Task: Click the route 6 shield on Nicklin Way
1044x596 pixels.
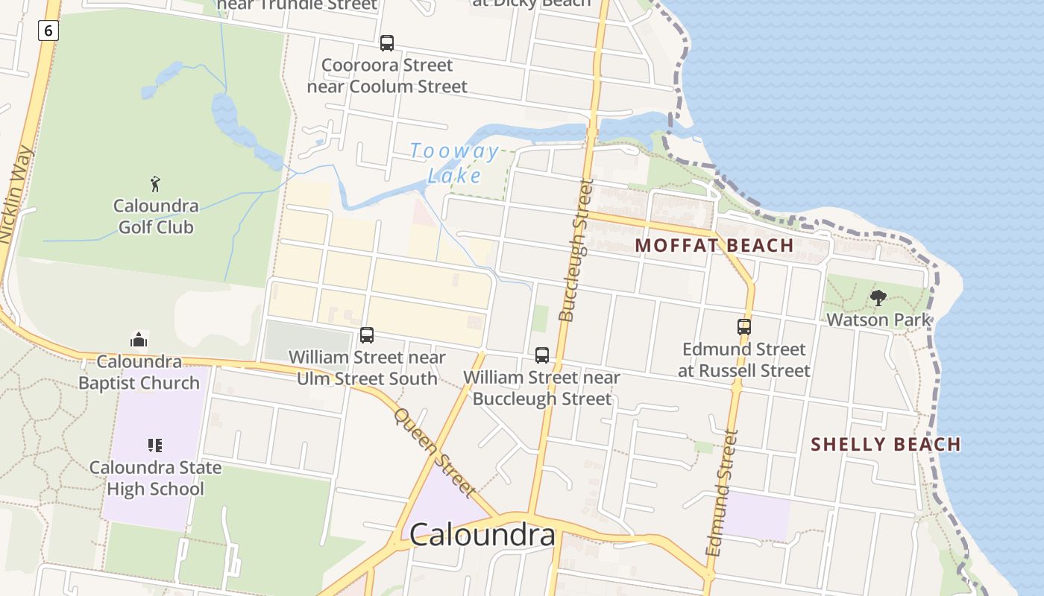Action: coord(48,31)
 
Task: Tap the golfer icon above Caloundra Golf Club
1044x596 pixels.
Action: coord(155,183)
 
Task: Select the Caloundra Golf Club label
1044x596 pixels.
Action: coord(156,216)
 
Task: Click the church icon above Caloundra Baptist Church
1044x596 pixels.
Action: coord(139,340)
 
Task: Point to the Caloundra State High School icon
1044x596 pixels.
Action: coord(155,446)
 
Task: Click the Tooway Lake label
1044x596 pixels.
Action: coord(454,163)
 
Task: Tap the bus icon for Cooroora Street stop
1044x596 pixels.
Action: coord(386,43)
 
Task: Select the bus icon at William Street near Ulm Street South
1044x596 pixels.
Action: coord(366,335)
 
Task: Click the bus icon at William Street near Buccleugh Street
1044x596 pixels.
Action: coord(542,355)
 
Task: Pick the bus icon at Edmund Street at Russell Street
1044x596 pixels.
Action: coord(743,326)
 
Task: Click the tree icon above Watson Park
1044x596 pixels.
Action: coord(878,298)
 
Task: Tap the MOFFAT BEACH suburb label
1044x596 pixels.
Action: coord(714,245)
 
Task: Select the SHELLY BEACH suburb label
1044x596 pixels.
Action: coord(886,445)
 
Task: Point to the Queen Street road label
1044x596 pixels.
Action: coord(435,451)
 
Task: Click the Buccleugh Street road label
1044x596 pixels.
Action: coord(576,250)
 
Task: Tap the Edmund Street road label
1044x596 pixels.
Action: coord(720,492)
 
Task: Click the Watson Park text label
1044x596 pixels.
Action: coord(878,320)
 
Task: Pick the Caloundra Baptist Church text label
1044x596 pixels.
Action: coord(139,372)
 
